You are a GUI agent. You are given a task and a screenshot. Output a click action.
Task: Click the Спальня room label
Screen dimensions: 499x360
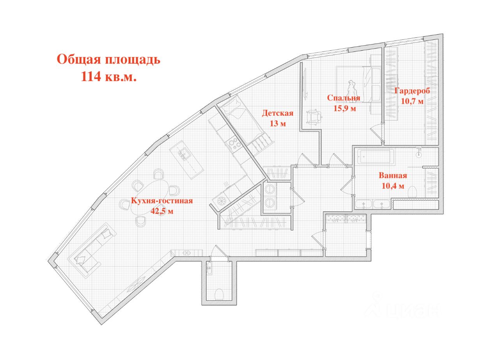pos(343,98)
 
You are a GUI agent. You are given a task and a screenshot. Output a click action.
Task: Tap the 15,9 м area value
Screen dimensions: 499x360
pos(345,108)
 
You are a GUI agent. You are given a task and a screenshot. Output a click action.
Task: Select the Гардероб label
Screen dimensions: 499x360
pos(412,91)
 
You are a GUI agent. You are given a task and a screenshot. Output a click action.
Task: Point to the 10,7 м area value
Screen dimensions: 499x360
pos(412,101)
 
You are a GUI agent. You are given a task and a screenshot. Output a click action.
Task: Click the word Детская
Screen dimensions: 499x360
pos(277,113)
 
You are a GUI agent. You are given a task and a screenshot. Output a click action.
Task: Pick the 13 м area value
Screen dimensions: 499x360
pos(278,124)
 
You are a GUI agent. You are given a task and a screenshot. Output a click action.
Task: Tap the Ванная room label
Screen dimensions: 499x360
pos(393,176)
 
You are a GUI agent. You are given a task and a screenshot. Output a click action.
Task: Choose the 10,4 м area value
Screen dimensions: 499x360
pos(393,186)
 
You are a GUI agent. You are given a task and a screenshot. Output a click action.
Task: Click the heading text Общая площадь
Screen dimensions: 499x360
pos(109,60)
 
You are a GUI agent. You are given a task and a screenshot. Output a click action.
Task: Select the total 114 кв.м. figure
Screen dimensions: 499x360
pos(109,77)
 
